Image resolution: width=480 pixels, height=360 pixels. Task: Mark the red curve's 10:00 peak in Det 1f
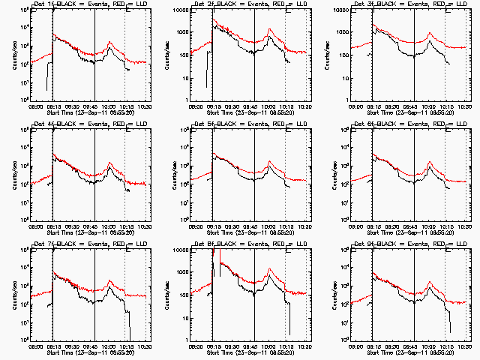pos(109,43)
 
